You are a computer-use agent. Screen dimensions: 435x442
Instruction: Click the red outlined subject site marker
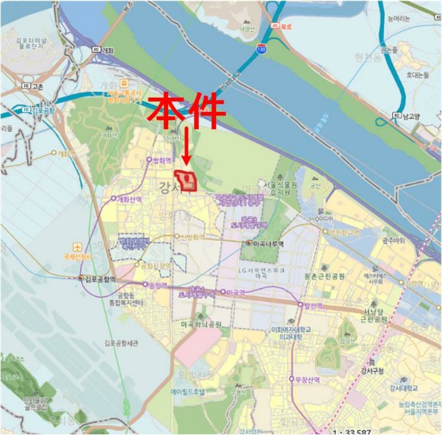187,181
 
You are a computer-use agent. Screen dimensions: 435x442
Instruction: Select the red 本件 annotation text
186,110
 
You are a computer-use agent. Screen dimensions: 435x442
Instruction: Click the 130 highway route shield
261,47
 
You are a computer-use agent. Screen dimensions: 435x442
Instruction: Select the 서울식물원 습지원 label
296,188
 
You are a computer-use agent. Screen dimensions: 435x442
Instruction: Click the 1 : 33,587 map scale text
354,432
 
